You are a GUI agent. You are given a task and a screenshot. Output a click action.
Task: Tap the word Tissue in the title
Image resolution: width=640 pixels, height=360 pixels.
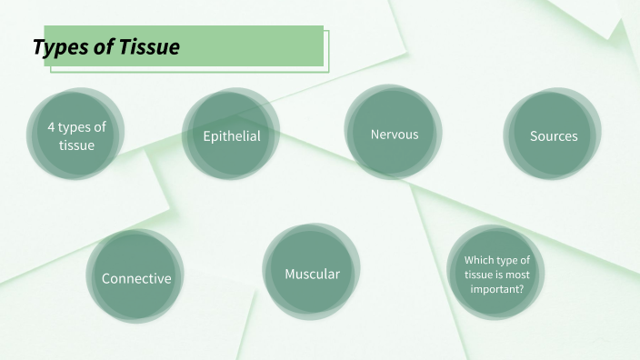(149, 47)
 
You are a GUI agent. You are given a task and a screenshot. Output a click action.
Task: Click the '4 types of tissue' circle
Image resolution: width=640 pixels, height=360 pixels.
(76, 135)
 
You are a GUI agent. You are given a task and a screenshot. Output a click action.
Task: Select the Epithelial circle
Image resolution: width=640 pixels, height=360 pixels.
(231, 135)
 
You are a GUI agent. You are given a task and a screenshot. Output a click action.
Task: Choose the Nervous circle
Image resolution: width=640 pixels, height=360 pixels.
(394, 133)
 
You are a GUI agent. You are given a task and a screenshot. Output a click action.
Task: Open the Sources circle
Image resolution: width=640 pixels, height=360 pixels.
(553, 135)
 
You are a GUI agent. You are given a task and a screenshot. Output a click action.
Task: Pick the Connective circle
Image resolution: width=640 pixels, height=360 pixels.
(135, 276)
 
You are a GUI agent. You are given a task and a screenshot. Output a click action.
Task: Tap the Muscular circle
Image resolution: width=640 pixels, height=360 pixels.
(312, 273)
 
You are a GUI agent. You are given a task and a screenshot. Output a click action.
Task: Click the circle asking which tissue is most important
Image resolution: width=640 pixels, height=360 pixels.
(495, 273)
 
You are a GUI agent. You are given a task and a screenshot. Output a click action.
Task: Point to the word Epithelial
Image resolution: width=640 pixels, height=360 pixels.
(232, 136)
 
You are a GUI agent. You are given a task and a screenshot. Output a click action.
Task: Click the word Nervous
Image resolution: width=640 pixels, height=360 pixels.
(395, 135)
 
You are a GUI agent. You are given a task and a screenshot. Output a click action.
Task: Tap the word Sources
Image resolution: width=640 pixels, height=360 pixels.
(554, 136)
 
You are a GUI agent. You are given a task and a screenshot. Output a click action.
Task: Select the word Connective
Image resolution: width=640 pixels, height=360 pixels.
(136, 279)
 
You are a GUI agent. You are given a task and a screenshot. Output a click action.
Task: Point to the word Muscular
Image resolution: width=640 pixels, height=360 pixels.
(312, 274)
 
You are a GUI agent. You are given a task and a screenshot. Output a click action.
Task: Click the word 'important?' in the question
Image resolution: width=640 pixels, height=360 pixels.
(496, 289)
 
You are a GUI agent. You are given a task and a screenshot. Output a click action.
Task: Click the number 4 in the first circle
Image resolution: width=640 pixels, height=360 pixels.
(51, 127)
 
